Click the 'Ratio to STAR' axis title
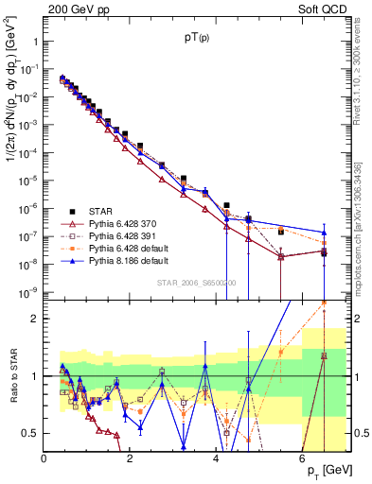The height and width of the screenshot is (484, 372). [x=12, y=375]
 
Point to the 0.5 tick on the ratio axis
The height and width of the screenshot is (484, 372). [x=30, y=433]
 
